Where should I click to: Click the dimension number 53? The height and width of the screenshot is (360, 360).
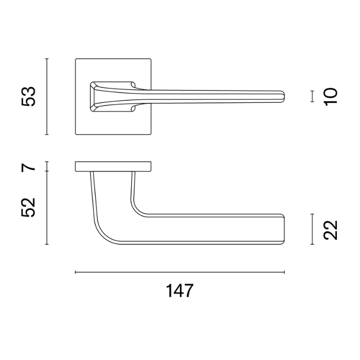point(28,97)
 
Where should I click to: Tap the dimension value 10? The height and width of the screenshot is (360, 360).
point(331,97)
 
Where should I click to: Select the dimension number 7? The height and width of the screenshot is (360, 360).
point(28,167)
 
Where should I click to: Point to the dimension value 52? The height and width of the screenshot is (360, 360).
point(28,207)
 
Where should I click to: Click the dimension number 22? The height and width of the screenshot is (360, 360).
point(331,230)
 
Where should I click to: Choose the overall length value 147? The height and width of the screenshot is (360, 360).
point(180,291)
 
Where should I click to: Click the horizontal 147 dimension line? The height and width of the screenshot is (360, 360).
point(180,272)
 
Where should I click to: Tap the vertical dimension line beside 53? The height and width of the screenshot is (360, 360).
point(47,97)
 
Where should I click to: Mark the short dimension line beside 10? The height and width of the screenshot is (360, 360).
point(312,96)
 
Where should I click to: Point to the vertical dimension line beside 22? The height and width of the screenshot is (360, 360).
point(312,229)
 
